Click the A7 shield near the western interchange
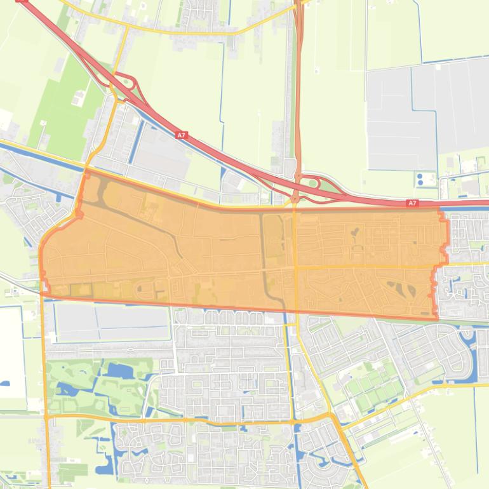pos(182,135)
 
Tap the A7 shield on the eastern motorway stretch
pos(412,203)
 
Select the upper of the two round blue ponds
pos(419,175)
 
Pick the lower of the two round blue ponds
pos(419,184)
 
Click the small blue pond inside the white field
pos(6,384)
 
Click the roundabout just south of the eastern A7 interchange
pos(295,199)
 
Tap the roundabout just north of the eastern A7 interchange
pos(297,175)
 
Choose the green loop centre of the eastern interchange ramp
pos(312,185)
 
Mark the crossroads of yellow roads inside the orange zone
pos(296,267)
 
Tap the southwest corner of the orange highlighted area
pos(43,293)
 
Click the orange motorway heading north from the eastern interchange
pos(298,95)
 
